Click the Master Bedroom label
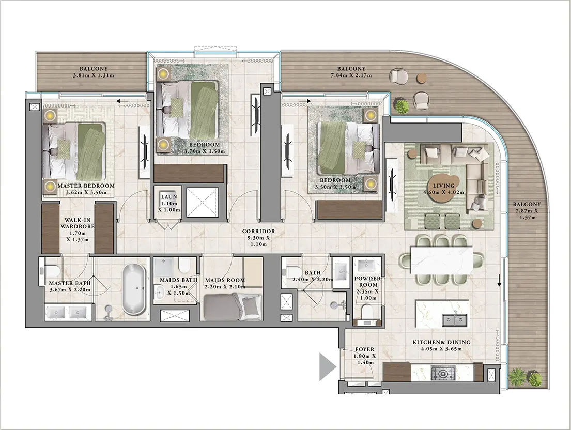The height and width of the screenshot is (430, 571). [86, 186]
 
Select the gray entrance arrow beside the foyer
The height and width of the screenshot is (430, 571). [328, 366]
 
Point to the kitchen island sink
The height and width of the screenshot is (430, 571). [455, 319]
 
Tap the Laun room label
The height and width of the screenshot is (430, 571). [169, 196]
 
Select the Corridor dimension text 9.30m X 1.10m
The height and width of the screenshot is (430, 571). [258, 241]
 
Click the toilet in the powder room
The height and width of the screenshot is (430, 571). [366, 312]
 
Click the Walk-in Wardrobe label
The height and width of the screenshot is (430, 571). [78, 223]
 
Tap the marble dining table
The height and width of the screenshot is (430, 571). [442, 260]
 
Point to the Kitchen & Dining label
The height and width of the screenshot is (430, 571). [441, 342]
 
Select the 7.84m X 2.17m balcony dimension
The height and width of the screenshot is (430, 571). [351, 75]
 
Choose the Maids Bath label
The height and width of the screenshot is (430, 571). [178, 280]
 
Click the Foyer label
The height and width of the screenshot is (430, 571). [364, 349]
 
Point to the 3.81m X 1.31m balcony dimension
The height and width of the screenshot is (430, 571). [94, 76]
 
